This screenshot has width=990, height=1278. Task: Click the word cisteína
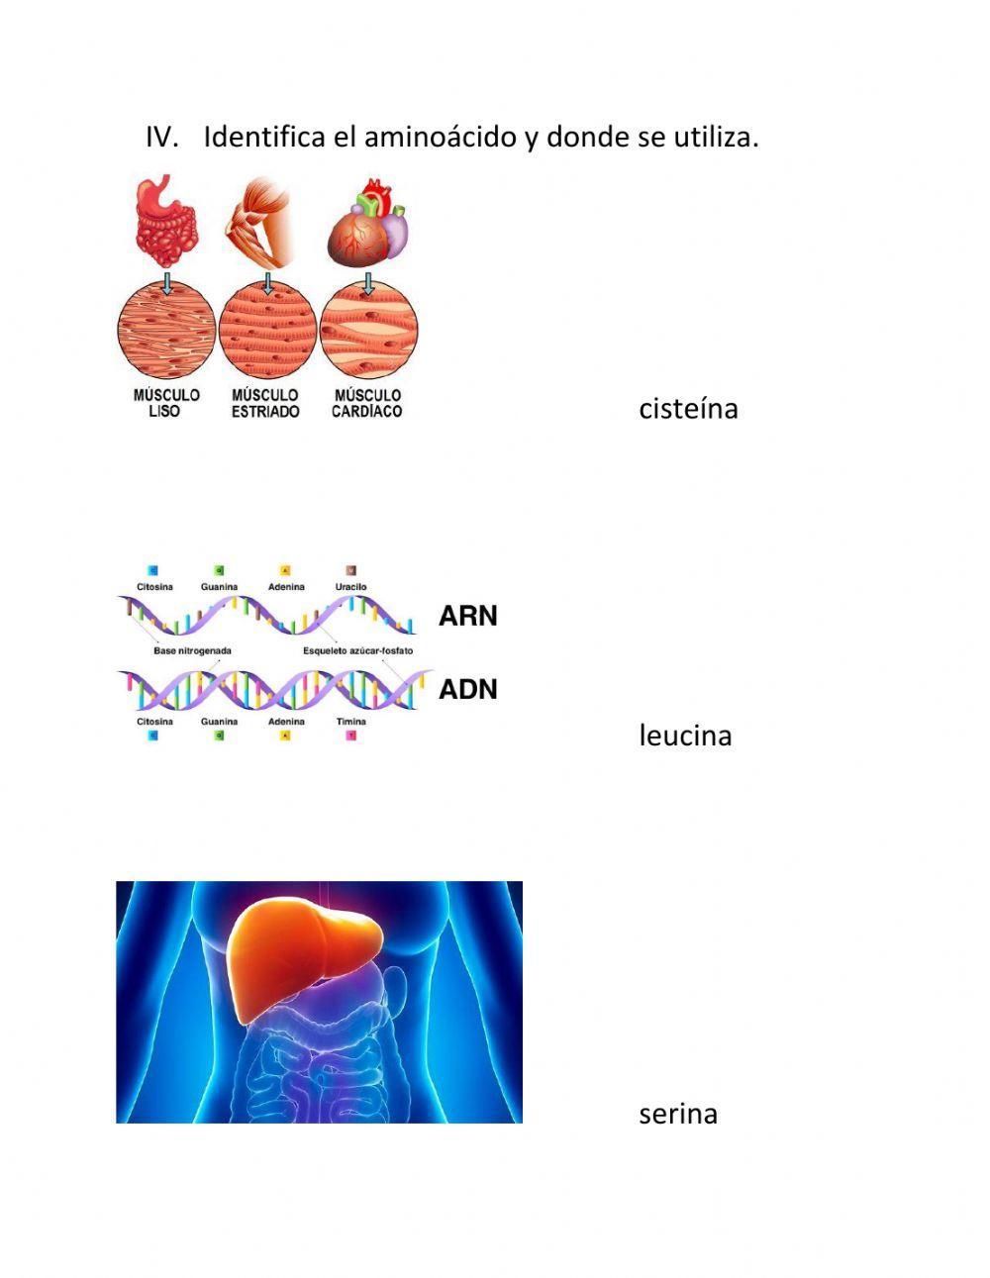point(688,409)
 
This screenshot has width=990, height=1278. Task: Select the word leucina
point(685,736)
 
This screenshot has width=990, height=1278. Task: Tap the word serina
point(678,1114)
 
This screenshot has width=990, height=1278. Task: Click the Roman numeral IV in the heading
point(161,137)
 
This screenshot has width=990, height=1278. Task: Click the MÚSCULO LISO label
point(166,402)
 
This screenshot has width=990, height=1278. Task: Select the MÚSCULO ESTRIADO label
point(265,402)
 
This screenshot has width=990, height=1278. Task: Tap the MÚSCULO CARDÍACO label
point(367,402)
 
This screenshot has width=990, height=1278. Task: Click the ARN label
point(468,616)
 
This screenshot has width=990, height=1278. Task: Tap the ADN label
point(468,689)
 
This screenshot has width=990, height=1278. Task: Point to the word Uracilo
point(351,587)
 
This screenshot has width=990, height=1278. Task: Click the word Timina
point(350,722)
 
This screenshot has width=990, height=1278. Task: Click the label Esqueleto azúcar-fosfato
point(357,651)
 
